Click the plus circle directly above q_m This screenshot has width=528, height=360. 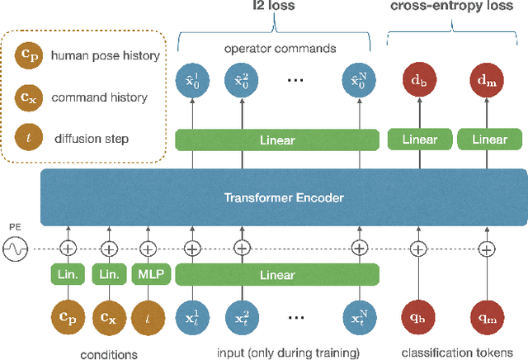point(487,248)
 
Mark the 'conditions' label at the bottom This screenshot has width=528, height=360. point(107,353)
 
